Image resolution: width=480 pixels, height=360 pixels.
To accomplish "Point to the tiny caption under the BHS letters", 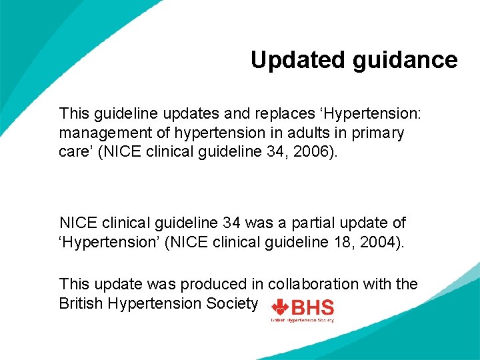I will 302,320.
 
